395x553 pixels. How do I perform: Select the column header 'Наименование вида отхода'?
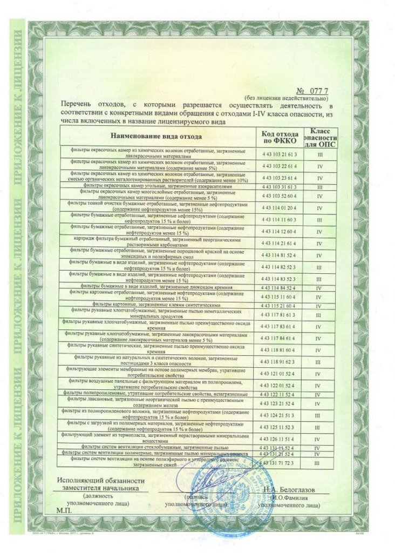click(x=156, y=138)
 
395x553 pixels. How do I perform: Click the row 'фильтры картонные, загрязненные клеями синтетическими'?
click(x=157, y=305)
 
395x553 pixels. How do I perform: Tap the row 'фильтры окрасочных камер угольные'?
click(x=157, y=186)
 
